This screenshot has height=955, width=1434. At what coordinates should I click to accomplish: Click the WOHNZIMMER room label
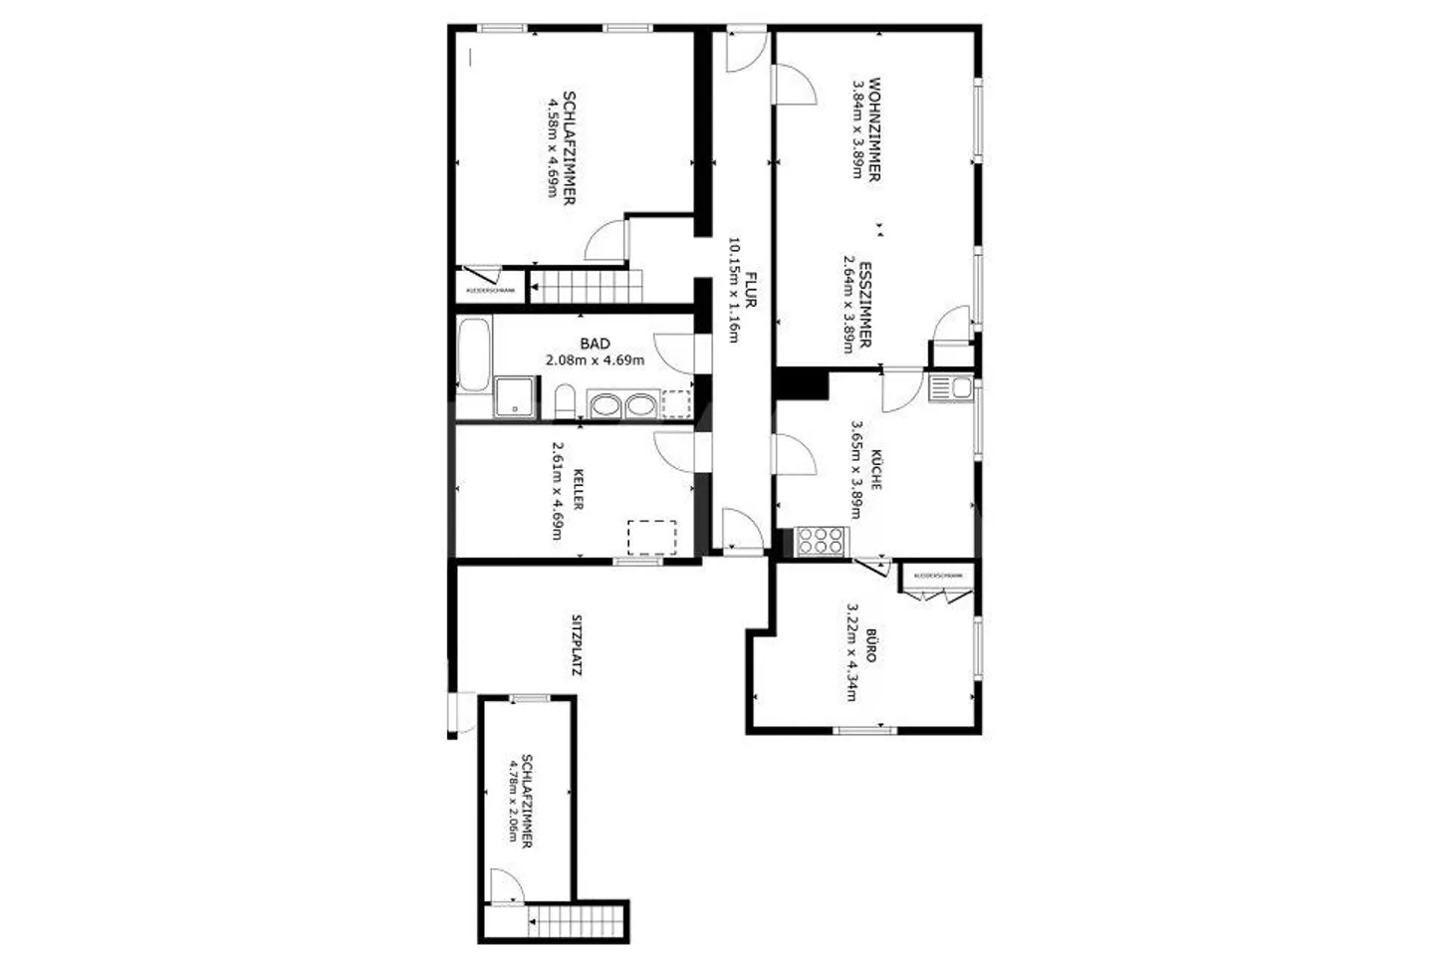(873, 128)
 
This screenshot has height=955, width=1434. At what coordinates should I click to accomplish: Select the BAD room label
(595, 345)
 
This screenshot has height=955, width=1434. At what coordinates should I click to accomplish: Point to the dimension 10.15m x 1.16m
(734, 290)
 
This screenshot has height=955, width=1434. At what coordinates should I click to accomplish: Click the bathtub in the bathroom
(474, 355)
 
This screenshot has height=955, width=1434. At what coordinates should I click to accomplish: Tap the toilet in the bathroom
(565, 404)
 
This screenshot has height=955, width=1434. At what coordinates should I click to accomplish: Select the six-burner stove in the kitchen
(823, 542)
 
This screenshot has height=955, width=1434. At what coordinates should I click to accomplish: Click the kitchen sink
(952, 387)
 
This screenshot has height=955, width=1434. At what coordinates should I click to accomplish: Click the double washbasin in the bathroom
(623, 405)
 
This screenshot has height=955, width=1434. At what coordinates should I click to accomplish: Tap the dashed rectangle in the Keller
(653, 537)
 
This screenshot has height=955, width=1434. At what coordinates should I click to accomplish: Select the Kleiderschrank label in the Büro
(938, 576)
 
